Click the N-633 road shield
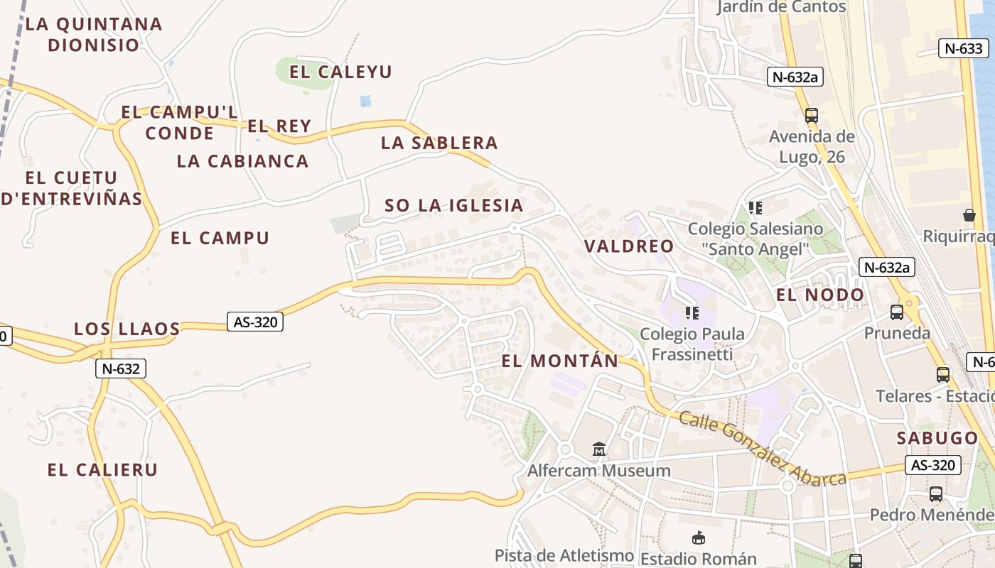(x=964, y=48)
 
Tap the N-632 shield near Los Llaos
(x=121, y=368)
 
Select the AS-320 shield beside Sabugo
(x=932, y=465)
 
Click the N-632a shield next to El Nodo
(x=886, y=267)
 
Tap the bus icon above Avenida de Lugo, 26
(x=811, y=115)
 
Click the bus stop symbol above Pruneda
(x=897, y=312)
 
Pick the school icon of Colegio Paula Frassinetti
(x=692, y=313)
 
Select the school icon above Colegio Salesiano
(x=755, y=208)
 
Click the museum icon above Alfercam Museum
(x=599, y=449)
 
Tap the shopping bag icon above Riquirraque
(x=969, y=214)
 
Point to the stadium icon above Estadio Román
(x=699, y=538)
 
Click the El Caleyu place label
(x=341, y=72)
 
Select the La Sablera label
(x=439, y=143)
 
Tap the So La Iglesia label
(x=454, y=206)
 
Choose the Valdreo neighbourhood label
(x=629, y=246)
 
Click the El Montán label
(x=560, y=361)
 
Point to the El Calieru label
(x=102, y=470)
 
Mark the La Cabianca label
(x=242, y=161)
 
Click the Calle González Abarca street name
(x=762, y=449)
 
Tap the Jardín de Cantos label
(x=781, y=7)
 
